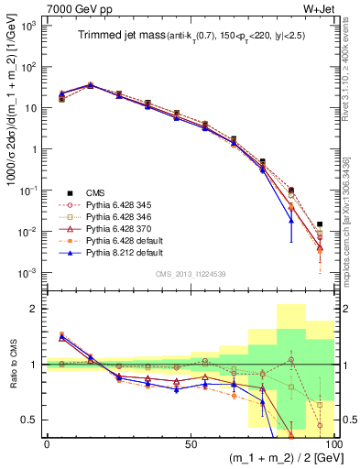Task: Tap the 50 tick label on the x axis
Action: pos(190,442)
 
